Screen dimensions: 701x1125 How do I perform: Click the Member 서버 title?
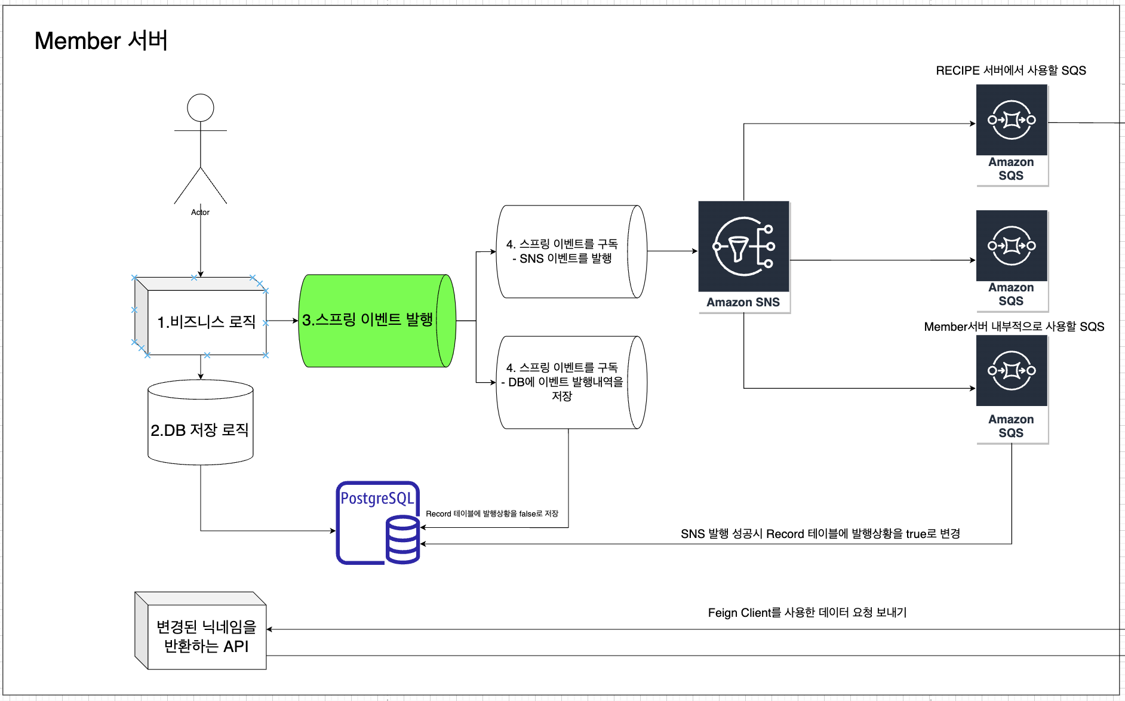pyautogui.click(x=101, y=41)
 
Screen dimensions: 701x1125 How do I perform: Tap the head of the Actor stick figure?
pyautogui.click(x=201, y=107)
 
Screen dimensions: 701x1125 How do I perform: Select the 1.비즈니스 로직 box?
pyautogui.click(x=206, y=322)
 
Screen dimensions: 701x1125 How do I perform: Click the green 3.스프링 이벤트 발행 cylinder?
pyautogui.click(x=376, y=321)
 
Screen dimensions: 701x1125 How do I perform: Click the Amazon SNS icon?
pyautogui.click(x=744, y=247)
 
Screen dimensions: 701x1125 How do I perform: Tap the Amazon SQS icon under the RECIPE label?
pyautogui.click(x=1012, y=121)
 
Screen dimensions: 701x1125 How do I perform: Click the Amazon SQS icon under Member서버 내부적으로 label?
pyautogui.click(x=1012, y=371)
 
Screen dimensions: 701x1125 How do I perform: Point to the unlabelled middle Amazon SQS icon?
pyautogui.click(x=1012, y=246)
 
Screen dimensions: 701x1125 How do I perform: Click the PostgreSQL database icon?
pyautogui.click(x=378, y=523)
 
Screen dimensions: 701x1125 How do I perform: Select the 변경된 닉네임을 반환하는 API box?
pyautogui.click(x=206, y=637)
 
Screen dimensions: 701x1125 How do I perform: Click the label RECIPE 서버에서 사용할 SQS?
pyautogui.click(x=1010, y=70)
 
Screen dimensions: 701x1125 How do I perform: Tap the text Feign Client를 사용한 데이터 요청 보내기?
pyautogui.click(x=807, y=613)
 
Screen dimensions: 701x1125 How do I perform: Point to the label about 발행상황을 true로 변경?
pyautogui.click(x=820, y=534)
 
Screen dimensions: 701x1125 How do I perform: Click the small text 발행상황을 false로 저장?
pyautogui.click(x=491, y=514)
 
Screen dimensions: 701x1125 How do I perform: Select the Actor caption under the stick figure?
pyautogui.click(x=200, y=212)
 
